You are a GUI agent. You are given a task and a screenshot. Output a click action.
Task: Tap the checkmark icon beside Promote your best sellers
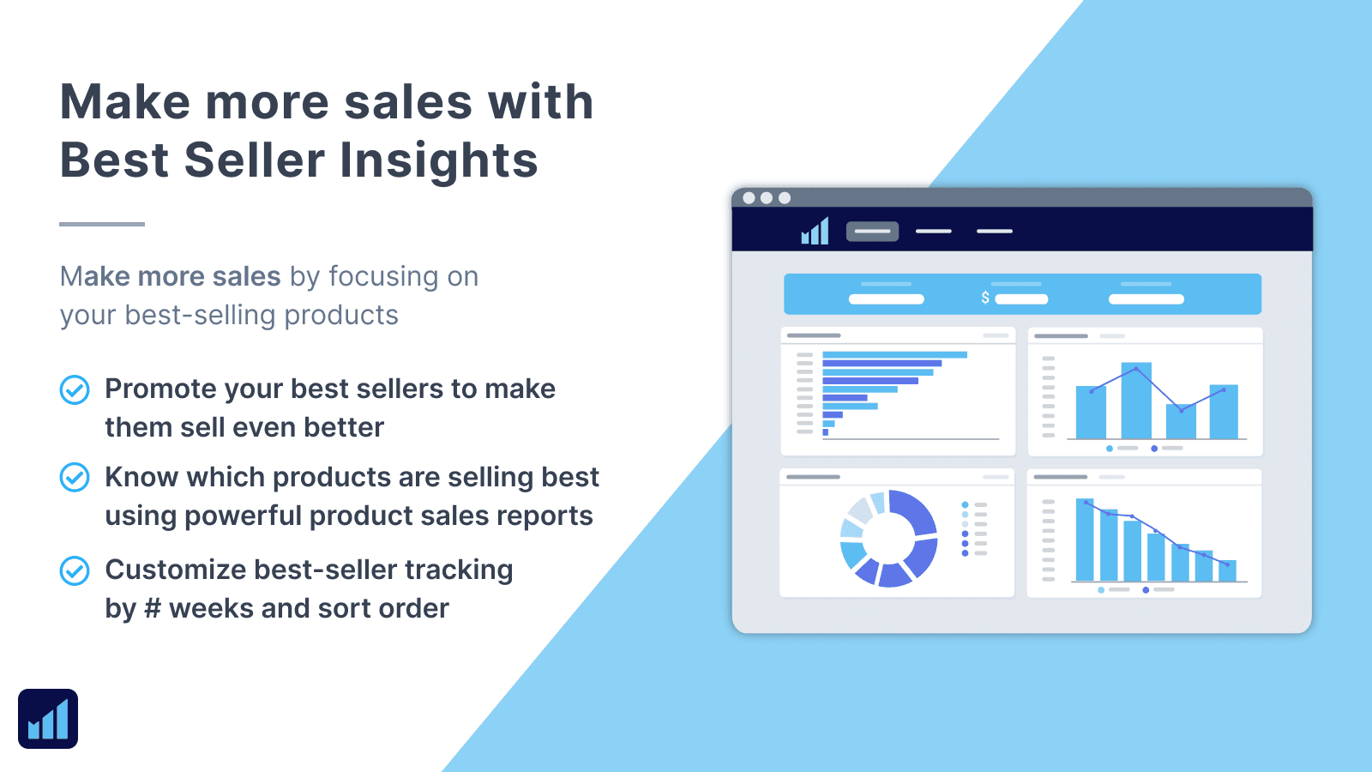[x=75, y=389]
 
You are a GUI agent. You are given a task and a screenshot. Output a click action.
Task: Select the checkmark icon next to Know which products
[x=75, y=477]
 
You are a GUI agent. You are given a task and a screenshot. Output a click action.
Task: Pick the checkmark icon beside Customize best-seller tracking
[x=75, y=570]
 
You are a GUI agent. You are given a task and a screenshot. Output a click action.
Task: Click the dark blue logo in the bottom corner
[x=48, y=719]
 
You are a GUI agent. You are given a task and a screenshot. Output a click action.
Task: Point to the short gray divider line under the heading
[x=102, y=224]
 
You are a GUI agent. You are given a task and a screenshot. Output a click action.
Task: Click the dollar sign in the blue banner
[x=985, y=298]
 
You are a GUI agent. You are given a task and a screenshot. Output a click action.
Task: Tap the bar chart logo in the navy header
[x=815, y=231]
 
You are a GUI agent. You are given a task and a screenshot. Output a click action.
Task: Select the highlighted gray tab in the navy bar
[x=872, y=231]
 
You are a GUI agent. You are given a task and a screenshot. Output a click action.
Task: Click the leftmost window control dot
[x=749, y=198]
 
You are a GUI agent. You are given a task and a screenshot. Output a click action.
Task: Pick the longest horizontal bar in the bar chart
[x=894, y=354]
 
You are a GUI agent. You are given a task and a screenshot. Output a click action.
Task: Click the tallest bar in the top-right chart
[x=1136, y=401]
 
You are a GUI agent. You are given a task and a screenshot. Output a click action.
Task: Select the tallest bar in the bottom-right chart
[x=1085, y=540]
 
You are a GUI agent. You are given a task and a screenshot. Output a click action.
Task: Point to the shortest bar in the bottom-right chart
[x=1228, y=570]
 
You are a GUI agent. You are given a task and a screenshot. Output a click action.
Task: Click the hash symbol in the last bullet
[x=153, y=609]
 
